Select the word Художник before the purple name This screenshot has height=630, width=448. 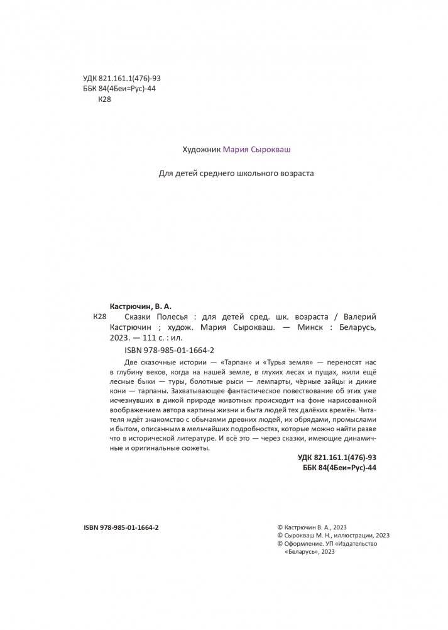201,150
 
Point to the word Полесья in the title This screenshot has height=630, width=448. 166,316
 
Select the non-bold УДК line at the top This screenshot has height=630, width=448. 123,79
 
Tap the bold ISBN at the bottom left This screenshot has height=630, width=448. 121,527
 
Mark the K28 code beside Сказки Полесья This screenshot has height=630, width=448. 100,316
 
